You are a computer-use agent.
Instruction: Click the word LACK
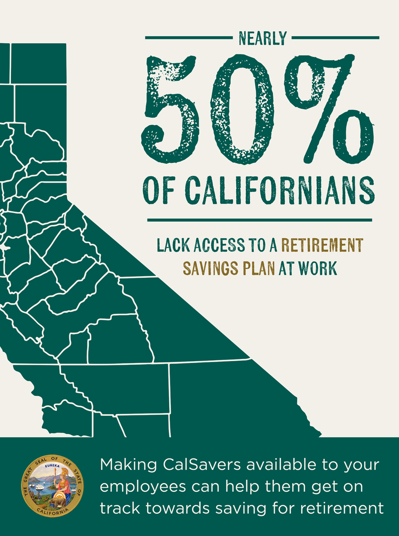point(172,246)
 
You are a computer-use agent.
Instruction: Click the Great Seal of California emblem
point(53,487)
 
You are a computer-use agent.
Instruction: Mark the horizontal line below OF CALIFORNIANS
point(260,220)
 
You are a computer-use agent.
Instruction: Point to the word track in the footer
point(116,508)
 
